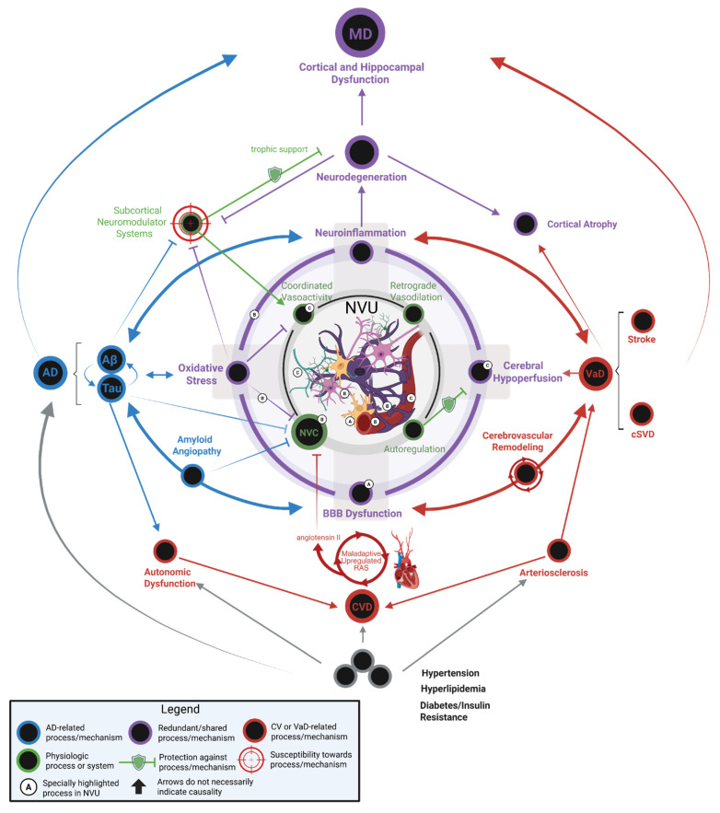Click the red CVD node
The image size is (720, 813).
point(360,606)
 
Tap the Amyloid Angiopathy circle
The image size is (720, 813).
point(192,475)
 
